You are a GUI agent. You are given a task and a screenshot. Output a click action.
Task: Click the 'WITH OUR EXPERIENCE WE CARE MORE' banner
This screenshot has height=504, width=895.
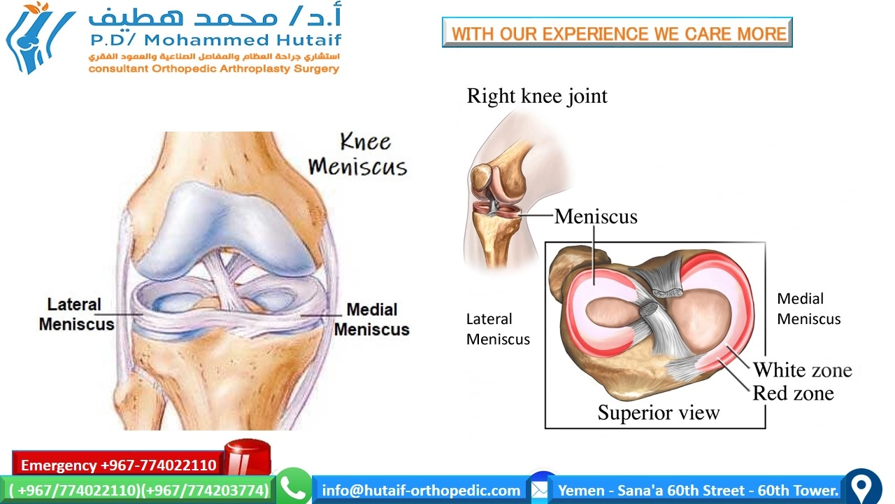click(x=617, y=33)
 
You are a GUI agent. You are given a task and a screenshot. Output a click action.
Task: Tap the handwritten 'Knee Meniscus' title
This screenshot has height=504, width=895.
click(x=358, y=155)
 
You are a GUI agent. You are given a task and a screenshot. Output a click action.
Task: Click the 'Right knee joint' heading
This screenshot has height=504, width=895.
click(x=537, y=96)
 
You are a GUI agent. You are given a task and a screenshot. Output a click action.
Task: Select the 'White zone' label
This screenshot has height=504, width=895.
click(x=802, y=370)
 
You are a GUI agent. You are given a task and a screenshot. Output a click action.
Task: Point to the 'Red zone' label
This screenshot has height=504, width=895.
click(x=793, y=393)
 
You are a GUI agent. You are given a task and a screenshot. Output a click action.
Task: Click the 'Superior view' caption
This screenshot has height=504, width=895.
click(x=658, y=413)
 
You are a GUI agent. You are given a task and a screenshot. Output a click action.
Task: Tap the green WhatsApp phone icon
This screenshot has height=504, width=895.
click(x=294, y=488)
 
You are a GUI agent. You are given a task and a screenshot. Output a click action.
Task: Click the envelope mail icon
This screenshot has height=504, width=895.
click(x=539, y=489)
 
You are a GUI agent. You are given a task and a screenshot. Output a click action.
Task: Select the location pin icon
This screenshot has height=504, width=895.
click(x=863, y=487)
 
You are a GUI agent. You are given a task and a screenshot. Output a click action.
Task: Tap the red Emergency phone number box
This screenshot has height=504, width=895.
click(x=118, y=465)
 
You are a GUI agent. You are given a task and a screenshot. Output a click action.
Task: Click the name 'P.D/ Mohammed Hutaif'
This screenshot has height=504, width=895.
click(x=215, y=40)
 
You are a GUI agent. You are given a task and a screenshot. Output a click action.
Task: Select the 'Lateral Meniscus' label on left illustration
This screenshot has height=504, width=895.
click(x=76, y=314)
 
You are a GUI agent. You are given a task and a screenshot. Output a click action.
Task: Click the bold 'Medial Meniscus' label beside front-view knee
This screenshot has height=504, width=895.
click(x=371, y=319)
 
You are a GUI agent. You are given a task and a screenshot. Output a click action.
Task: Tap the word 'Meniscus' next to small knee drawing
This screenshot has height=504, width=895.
click(x=596, y=216)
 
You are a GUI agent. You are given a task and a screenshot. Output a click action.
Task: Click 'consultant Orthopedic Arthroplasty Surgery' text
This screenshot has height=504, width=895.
click(x=213, y=69)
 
